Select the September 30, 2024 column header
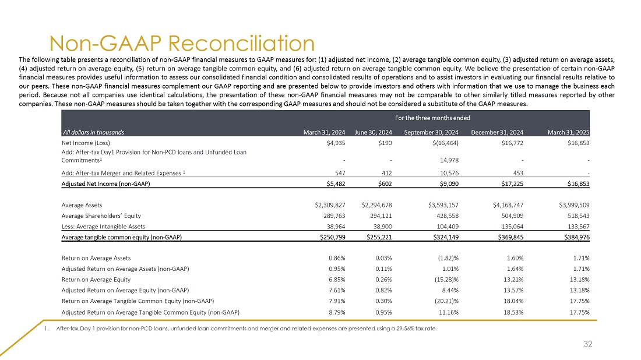(x=432, y=132)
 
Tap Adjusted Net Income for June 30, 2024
(x=382, y=184)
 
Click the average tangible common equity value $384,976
(x=573, y=237)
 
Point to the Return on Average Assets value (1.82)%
(x=445, y=258)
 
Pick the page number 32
(x=587, y=344)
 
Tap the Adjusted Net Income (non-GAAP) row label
(x=105, y=184)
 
